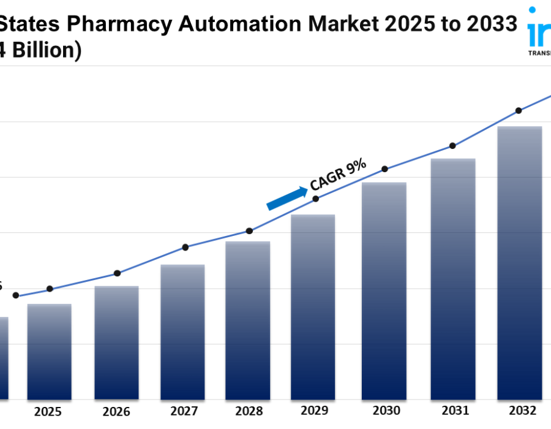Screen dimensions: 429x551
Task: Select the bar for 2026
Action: (116, 343)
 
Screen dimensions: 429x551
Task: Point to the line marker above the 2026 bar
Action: (118, 273)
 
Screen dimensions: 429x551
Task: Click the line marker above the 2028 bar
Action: (249, 231)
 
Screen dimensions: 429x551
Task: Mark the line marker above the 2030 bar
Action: (385, 169)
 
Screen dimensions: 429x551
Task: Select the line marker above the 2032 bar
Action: (519, 111)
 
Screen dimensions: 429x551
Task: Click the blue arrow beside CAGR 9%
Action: (287, 199)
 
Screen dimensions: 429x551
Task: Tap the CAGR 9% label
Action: (338, 174)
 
